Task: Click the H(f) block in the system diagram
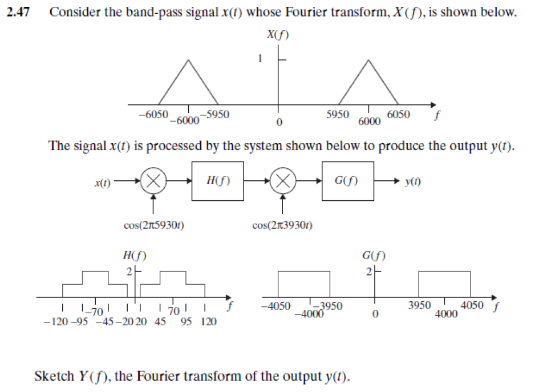point(217,181)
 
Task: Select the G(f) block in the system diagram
point(347,181)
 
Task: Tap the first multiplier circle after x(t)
point(153,181)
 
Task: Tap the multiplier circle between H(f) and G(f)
point(283,181)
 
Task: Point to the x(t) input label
point(103,182)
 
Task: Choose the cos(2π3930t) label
point(282,225)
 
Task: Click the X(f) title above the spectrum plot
point(278,35)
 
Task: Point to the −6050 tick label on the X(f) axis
point(153,114)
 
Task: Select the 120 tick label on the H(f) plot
point(209,322)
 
